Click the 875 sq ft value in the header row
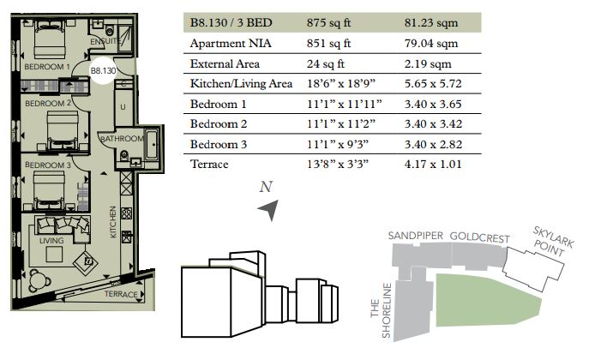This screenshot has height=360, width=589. [328, 22]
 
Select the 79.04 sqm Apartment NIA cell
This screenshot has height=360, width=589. [431, 43]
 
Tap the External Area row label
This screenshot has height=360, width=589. [225, 63]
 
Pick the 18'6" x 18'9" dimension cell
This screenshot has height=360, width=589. [341, 83]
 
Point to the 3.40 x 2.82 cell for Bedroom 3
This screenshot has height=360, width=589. [433, 145]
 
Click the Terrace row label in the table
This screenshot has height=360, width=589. [209, 165]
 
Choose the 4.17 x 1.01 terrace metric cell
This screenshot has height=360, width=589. [433, 165]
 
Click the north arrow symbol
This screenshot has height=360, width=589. [269, 210]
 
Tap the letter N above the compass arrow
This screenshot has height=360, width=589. [266, 187]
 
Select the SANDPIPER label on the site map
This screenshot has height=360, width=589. [416, 236]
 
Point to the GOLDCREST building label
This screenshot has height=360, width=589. [480, 237]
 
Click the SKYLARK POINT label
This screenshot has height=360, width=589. [552, 242]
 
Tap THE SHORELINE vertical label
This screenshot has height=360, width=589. [381, 310]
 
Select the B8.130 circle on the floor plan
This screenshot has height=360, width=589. [103, 70]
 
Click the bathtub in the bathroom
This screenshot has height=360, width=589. [152, 145]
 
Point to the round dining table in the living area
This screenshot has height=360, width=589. [39, 279]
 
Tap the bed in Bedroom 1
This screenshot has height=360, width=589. [50, 39]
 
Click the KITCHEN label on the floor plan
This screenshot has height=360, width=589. [112, 222]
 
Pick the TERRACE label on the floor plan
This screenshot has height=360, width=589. [121, 294]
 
